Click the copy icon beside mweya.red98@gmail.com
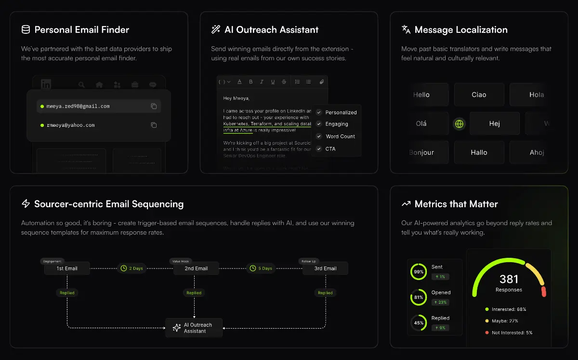pyautogui.click(x=154, y=106)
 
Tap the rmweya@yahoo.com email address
pyautogui.click(x=70, y=125)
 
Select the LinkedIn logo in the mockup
pyautogui.click(x=46, y=84)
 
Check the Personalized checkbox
pyautogui.click(x=319, y=112)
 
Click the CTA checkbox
pyautogui.click(x=319, y=149)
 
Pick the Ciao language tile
pyautogui.click(x=479, y=95)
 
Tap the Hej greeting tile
pyautogui.click(x=494, y=124)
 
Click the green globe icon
pyautogui.click(x=460, y=124)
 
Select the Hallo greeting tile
pyautogui.click(x=479, y=152)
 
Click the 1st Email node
pyautogui.click(x=67, y=268)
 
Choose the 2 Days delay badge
pyautogui.click(x=131, y=268)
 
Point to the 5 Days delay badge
pyautogui.click(x=261, y=268)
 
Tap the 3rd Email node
pyautogui.click(x=325, y=268)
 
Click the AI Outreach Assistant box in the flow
pyautogui.click(x=194, y=328)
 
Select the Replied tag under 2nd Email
pyautogui.click(x=194, y=293)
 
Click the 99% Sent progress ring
pyautogui.click(x=419, y=272)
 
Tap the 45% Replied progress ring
pyautogui.click(x=419, y=323)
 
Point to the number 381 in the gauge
pyautogui.click(x=509, y=279)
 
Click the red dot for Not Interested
pyautogui.click(x=487, y=333)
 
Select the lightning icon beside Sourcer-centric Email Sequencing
pyautogui.click(x=26, y=204)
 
